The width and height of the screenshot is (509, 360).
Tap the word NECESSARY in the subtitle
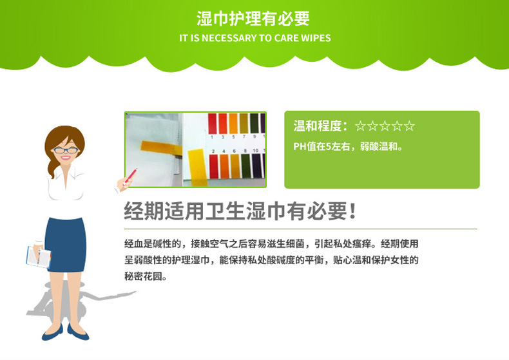229,38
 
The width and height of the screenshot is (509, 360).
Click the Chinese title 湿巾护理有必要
253,19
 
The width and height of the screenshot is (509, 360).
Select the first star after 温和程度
360,126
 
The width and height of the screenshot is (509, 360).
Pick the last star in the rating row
409,126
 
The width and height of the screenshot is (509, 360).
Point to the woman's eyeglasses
66,150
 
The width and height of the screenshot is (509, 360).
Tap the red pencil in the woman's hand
130,176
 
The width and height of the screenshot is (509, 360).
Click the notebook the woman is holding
38,256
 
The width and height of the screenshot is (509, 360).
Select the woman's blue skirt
66,245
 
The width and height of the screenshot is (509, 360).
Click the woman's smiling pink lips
66,158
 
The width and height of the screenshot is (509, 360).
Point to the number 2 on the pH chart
213,151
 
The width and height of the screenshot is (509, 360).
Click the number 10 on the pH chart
256,151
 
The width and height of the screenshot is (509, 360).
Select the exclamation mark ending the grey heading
353,211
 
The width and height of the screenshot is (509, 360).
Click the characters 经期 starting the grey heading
144,211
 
